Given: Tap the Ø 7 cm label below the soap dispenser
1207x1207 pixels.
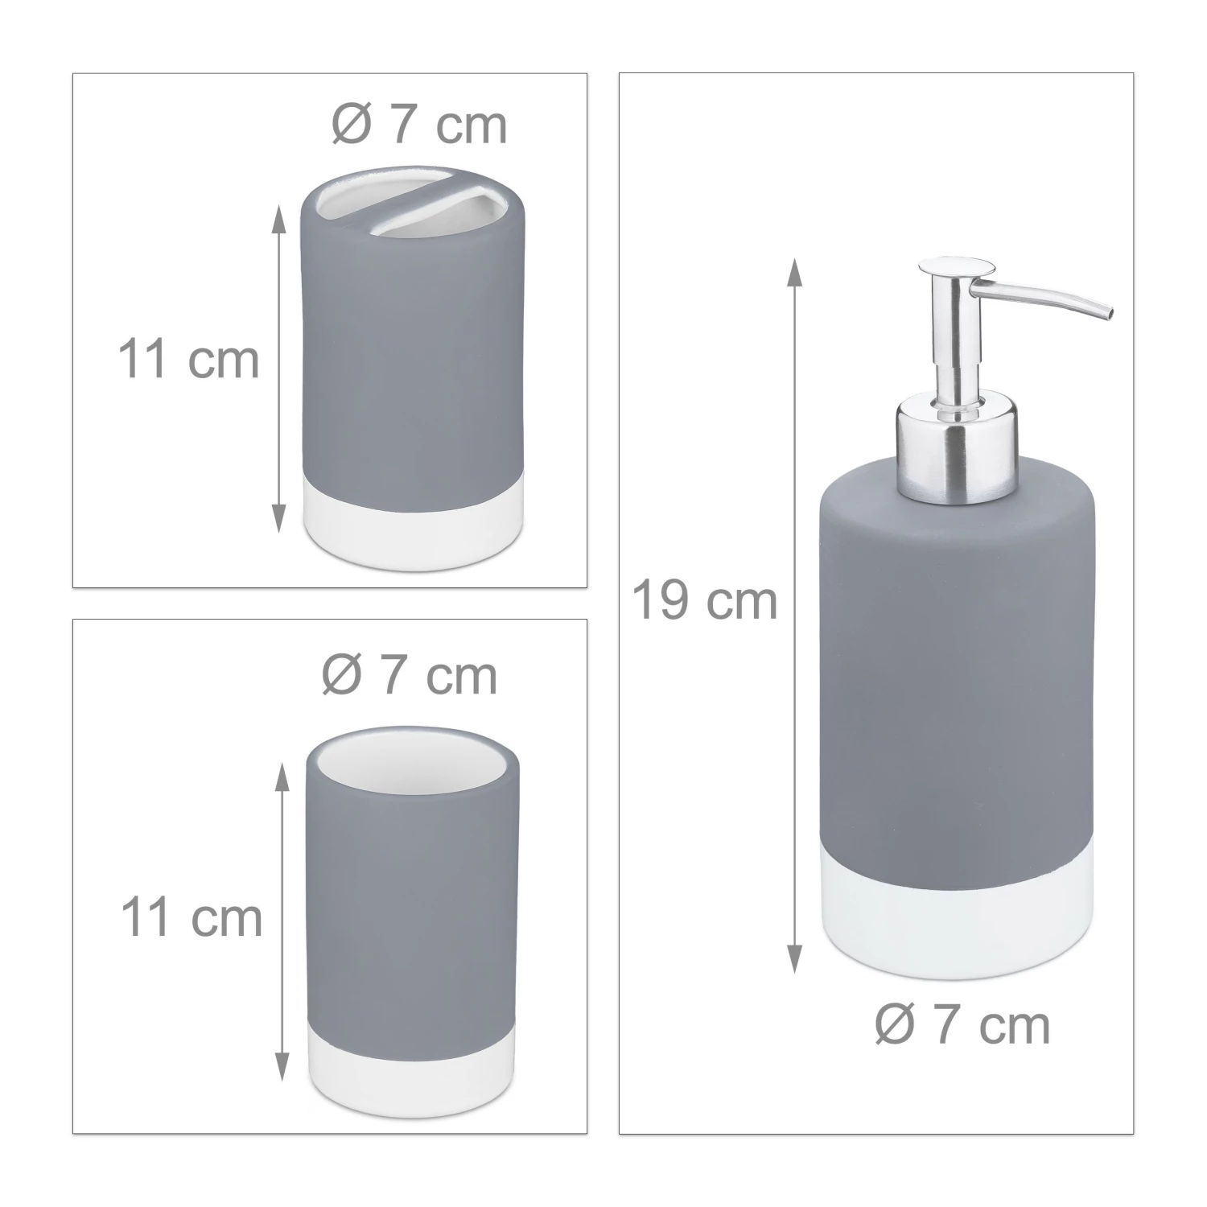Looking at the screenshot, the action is click(962, 1026).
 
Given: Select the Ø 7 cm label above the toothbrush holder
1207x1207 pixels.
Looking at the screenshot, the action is click(420, 126).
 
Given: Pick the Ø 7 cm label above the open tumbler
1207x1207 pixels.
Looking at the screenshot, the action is click(410, 676).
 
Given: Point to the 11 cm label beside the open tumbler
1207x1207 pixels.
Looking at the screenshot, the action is click(192, 917).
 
